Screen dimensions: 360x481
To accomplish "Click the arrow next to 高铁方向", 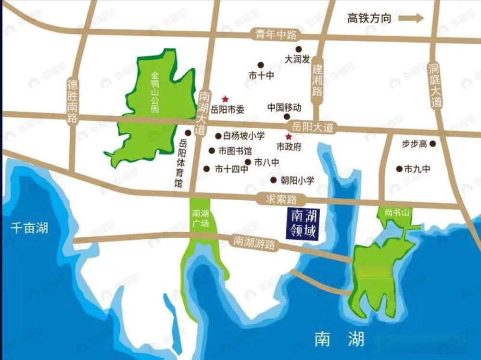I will [412, 18].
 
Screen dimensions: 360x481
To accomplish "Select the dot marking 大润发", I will [299, 49].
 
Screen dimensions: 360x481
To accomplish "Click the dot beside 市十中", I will [261, 64].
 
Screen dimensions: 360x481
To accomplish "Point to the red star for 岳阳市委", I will [224, 99].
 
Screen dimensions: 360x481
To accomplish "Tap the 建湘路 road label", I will [317, 80].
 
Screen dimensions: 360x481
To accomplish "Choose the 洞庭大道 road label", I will [436, 85].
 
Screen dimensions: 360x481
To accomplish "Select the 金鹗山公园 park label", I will [155, 92].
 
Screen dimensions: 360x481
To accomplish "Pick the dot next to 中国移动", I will [287, 116].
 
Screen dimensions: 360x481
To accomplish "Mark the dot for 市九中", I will [399, 168].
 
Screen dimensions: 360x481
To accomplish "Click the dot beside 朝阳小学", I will [274, 180].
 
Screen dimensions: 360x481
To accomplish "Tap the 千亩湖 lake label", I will [29, 228].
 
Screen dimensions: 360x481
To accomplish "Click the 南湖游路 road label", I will [254, 242].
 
